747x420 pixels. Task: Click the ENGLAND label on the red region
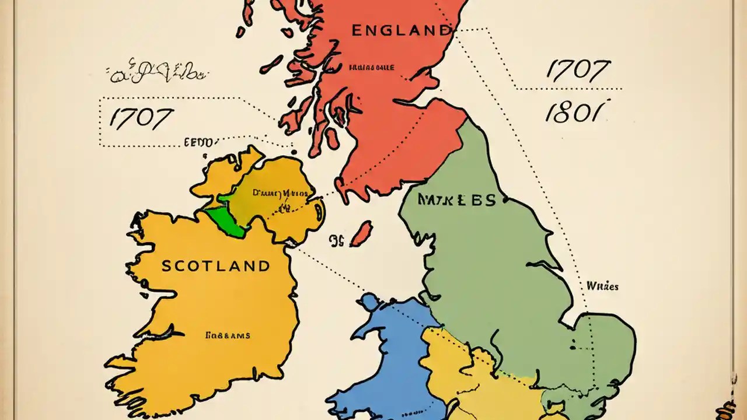[x=402, y=31]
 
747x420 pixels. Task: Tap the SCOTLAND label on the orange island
[x=216, y=267]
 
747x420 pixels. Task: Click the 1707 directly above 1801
[x=578, y=71]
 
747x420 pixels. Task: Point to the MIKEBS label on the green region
[x=456, y=201]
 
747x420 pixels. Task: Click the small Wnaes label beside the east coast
[x=602, y=286]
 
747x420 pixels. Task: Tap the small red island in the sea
[x=361, y=233]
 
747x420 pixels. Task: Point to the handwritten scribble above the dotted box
[x=156, y=72]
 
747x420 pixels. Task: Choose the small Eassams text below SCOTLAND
[x=228, y=335]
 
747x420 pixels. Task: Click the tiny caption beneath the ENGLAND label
[x=371, y=68]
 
